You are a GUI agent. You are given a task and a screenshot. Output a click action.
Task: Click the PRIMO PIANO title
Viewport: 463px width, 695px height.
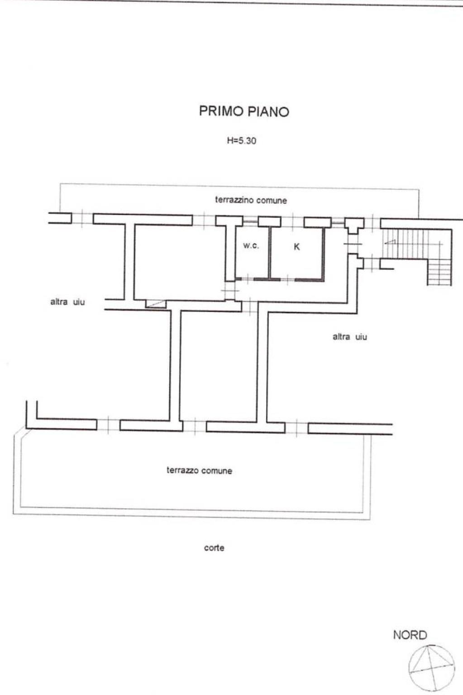(x=244, y=111)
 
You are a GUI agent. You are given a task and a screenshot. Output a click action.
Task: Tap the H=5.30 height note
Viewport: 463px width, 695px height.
(x=242, y=141)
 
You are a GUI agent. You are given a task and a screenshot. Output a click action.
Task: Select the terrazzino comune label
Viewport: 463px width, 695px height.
(x=251, y=200)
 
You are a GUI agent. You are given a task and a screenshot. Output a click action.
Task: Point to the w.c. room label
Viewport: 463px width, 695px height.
(x=251, y=246)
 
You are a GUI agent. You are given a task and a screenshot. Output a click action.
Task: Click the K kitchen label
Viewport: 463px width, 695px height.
(x=297, y=247)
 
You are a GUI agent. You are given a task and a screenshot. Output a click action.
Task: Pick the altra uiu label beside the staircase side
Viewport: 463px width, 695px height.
(x=350, y=337)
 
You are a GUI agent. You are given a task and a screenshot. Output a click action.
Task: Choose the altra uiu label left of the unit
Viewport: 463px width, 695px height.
(x=67, y=302)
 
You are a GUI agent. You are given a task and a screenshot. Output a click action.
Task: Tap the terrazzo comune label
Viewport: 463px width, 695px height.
(x=200, y=471)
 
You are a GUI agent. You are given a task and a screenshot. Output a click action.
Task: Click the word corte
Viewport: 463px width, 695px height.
(x=214, y=548)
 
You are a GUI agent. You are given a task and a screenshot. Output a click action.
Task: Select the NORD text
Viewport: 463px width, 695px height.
(x=410, y=635)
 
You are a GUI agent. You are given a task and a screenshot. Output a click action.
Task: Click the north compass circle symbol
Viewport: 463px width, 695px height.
(x=432, y=668)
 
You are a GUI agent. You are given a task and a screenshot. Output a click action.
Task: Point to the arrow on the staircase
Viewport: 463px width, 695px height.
(x=390, y=242)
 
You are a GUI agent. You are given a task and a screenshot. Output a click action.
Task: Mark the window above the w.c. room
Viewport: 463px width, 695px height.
(x=251, y=221)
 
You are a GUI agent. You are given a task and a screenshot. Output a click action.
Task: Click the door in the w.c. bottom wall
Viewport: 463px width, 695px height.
(x=248, y=279)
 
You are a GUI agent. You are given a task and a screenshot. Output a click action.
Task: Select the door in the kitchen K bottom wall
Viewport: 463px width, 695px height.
(x=287, y=279)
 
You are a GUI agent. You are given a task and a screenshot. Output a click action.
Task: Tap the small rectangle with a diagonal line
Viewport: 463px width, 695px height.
(x=156, y=304)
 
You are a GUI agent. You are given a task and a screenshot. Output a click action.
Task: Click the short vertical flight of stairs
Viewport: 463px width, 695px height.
(x=439, y=272)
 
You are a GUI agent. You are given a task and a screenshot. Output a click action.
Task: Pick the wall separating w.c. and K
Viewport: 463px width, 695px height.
(x=270, y=253)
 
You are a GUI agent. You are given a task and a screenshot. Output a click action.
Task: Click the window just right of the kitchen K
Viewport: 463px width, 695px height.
(x=338, y=222)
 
